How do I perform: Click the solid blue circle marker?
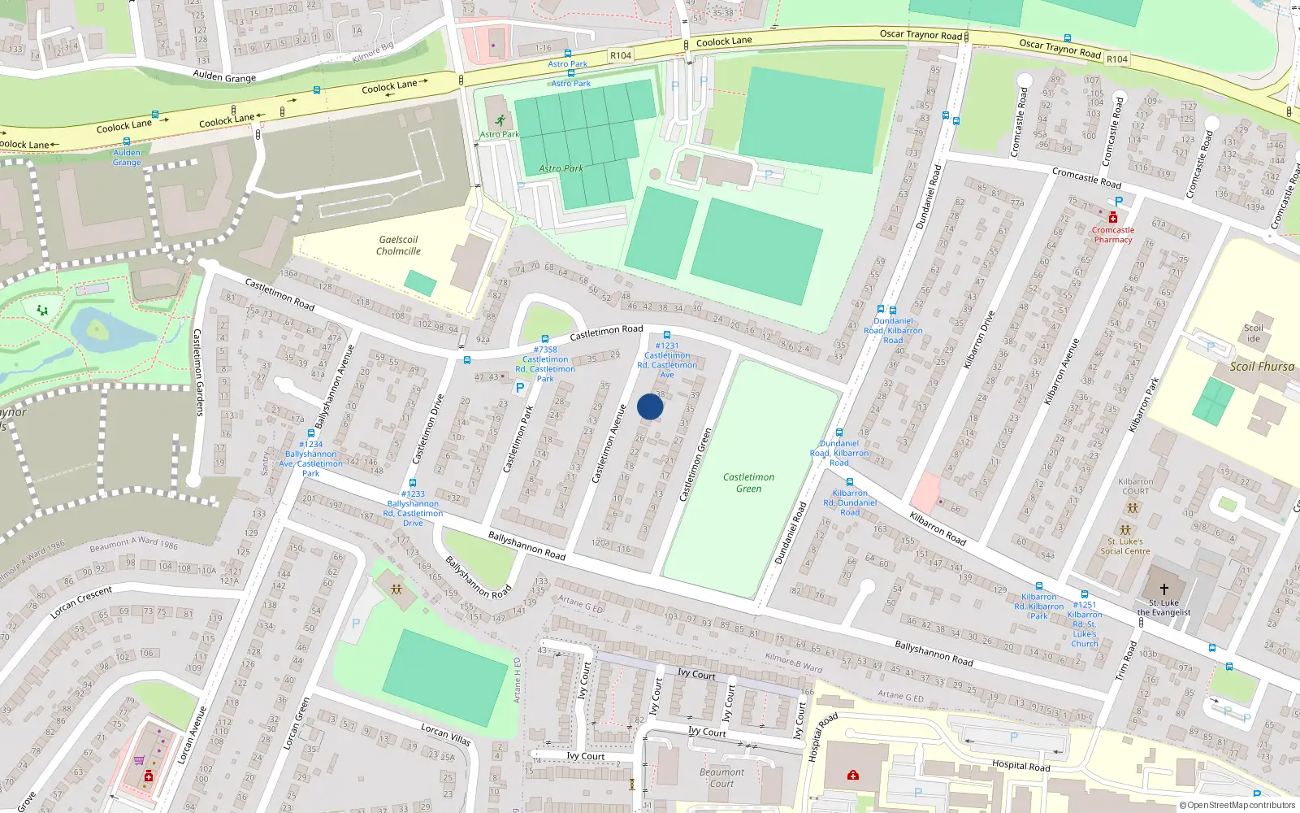pyautogui.click(x=650, y=406)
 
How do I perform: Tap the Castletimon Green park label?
pyautogui.click(x=748, y=483)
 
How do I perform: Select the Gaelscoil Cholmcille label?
pyautogui.click(x=398, y=246)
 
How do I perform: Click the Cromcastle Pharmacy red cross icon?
pyautogui.click(x=1112, y=218)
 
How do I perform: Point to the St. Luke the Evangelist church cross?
pyautogui.click(x=1163, y=589)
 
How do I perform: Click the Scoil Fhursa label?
pyautogui.click(x=1261, y=367)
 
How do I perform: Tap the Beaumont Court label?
pyautogui.click(x=721, y=778)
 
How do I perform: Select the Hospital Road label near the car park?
pyautogui.click(x=1020, y=765)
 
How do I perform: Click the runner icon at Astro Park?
pyautogui.click(x=499, y=121)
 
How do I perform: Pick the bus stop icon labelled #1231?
pyautogui.click(x=667, y=335)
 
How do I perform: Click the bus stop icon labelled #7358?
pyautogui.click(x=545, y=339)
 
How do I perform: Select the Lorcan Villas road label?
pyautogui.click(x=445, y=734)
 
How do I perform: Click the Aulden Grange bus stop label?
pyautogui.click(x=127, y=157)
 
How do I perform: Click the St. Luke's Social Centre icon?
pyautogui.click(x=1125, y=530)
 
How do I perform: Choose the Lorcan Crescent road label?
pyautogui.click(x=81, y=602)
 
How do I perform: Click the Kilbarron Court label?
pyautogui.click(x=1135, y=486)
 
